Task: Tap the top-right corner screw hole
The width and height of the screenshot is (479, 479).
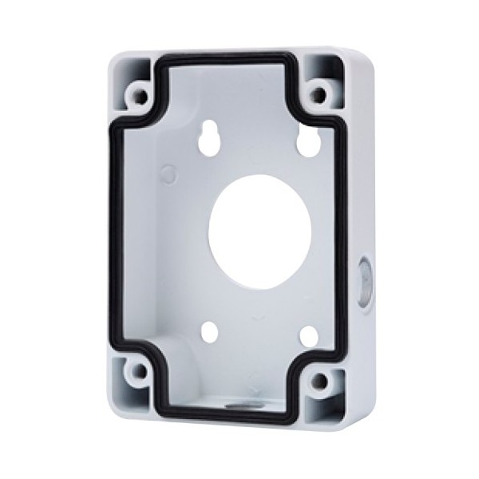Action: [x=319, y=95]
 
